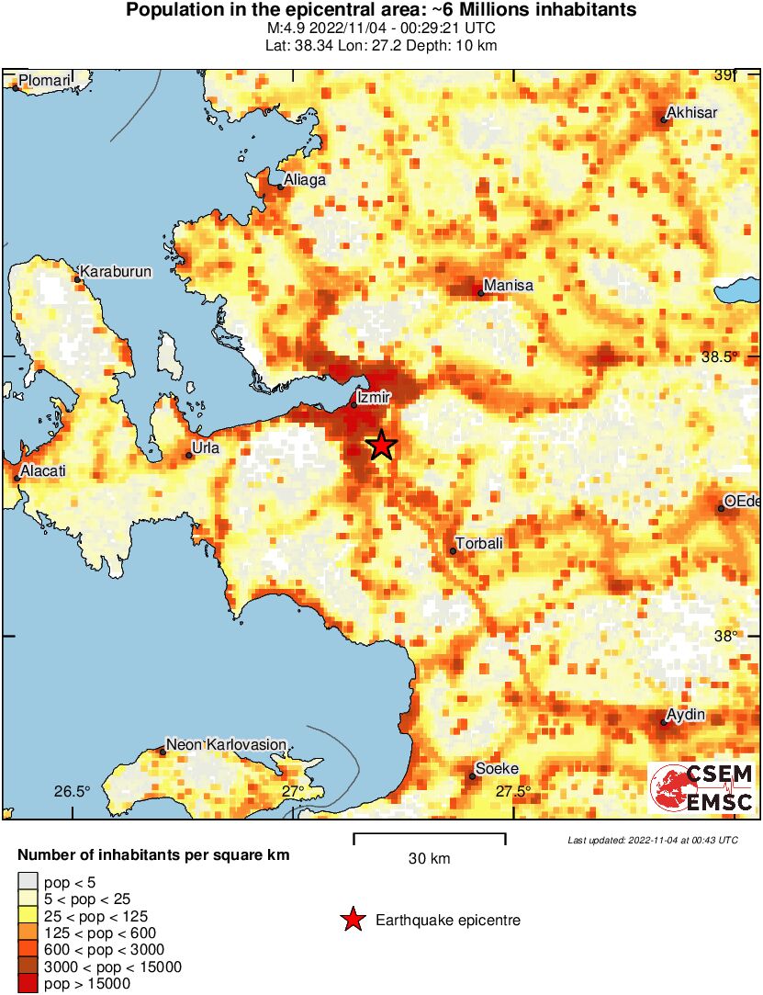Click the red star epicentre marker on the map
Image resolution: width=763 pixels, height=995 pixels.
pos(381,446)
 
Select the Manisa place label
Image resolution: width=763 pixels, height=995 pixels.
pos(508,286)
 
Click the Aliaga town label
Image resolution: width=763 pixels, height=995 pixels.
pos(305,180)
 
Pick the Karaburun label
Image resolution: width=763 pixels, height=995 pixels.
pos(116,272)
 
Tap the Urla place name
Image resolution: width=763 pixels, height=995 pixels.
pos(203,448)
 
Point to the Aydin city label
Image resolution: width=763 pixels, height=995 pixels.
pos(686,715)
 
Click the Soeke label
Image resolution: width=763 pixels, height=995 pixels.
pos(497,769)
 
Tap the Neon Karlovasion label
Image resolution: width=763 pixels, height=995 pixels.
pos(226,744)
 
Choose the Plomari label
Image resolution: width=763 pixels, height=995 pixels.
pos(45,81)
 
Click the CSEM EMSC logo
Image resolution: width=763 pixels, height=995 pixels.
pos(701,788)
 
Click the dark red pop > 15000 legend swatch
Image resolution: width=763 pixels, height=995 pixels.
pos(28,984)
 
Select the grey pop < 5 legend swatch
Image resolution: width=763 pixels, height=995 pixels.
pos(28,883)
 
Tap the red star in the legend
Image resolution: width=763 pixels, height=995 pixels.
pos(352,920)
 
